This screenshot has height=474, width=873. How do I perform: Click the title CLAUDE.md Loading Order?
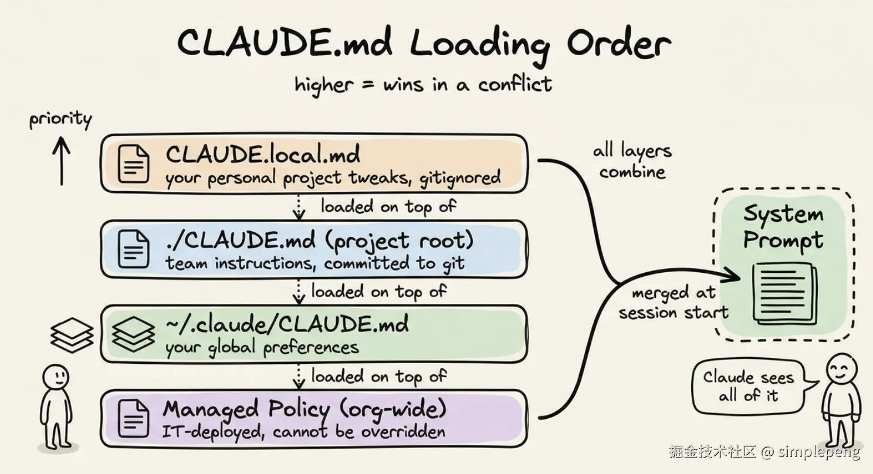click(424, 43)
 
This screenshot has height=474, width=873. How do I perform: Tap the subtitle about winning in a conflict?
click(423, 84)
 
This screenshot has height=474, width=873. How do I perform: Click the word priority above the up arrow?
click(60, 119)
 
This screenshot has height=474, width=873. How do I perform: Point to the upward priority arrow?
click(62, 161)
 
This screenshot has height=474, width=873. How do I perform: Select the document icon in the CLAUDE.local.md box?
click(133, 164)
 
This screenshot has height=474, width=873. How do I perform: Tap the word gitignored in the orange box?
click(461, 178)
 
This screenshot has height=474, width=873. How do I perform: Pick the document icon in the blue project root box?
click(133, 249)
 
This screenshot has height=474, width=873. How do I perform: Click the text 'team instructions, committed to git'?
click(315, 263)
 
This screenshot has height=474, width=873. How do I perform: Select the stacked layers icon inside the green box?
click(133, 334)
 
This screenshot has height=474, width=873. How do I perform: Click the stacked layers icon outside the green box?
click(72, 335)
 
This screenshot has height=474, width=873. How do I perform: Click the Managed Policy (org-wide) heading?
click(304, 410)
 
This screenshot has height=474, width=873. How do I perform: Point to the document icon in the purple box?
click(133, 419)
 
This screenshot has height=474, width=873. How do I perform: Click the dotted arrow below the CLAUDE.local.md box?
click(299, 206)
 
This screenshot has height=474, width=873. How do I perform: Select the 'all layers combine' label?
click(632, 161)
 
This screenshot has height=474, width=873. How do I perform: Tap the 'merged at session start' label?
click(674, 303)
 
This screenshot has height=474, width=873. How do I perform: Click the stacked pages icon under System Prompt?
click(785, 294)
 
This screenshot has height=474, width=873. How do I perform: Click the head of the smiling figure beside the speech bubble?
click(842, 368)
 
